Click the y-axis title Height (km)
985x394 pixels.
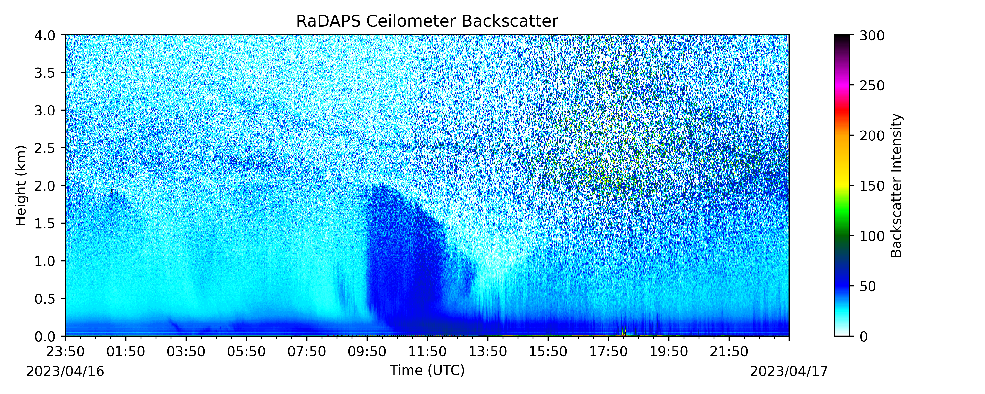pyautogui.click(x=21, y=185)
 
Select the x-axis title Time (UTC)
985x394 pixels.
pyautogui.click(x=427, y=370)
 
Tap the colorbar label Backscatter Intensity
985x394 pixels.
pyautogui.click(x=896, y=185)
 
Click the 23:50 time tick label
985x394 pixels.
pyautogui.click(x=66, y=352)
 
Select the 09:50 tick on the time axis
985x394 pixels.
pyautogui.click(x=367, y=352)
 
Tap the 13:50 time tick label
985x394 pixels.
pyautogui.click(x=488, y=352)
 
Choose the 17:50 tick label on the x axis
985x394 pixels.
pyautogui.click(x=608, y=352)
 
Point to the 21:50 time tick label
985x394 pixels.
pyautogui.click(x=729, y=352)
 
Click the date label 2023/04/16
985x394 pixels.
pyautogui.click(x=65, y=371)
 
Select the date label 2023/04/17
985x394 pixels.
pyautogui.click(x=789, y=371)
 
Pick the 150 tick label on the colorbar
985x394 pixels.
pyautogui.click(x=872, y=186)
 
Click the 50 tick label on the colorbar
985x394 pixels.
pyautogui.click(x=868, y=286)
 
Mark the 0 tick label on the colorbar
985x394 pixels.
pyautogui.click(x=863, y=337)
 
